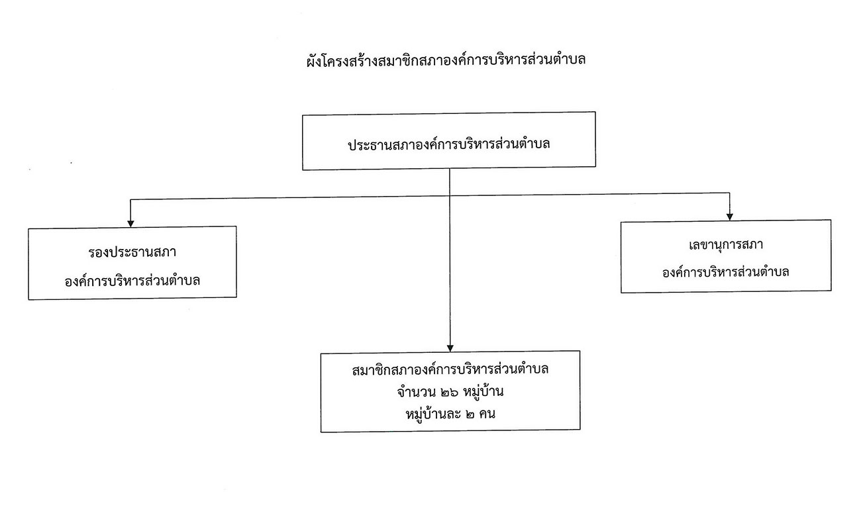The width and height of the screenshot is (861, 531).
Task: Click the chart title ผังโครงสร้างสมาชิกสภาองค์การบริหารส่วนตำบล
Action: click(x=446, y=60)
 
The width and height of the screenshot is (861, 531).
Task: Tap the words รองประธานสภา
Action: click(x=132, y=252)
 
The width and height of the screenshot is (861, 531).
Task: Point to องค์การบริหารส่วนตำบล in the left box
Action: click(x=132, y=281)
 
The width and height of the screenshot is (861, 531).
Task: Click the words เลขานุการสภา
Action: click(x=726, y=245)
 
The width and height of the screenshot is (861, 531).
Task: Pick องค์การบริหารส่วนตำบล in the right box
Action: click(x=726, y=272)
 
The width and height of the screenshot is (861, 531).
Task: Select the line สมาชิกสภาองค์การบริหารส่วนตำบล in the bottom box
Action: click(x=450, y=369)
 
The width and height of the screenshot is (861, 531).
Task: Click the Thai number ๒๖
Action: click(x=450, y=393)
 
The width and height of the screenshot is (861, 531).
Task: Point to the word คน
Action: click(x=487, y=414)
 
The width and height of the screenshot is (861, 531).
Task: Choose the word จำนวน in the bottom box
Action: click(x=417, y=392)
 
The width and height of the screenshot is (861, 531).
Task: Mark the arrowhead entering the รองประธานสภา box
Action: click(x=130, y=224)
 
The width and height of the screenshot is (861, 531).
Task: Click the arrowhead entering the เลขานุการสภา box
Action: click(x=730, y=217)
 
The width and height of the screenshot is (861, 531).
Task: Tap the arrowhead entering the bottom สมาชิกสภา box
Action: click(x=450, y=348)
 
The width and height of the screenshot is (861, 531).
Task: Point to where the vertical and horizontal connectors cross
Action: click(x=450, y=196)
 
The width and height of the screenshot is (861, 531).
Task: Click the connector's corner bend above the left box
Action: click(x=130, y=200)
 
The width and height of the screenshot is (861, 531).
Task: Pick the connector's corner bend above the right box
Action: click(x=730, y=193)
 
